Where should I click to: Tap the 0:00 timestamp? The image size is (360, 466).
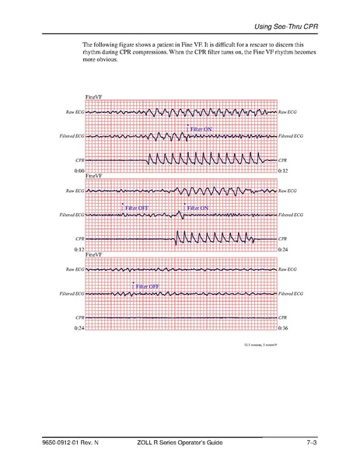pos(79,170)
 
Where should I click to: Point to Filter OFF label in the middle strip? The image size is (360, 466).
pos(138,208)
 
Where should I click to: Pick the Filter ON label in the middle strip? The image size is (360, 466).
pos(197,208)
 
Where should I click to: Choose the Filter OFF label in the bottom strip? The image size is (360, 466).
pos(146,286)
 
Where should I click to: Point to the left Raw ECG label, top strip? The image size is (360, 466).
pos(75,113)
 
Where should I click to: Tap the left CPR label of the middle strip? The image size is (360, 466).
pos(79,238)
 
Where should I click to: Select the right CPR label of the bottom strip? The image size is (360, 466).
pos(283,318)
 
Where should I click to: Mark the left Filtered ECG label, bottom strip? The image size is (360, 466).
pos(72,294)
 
